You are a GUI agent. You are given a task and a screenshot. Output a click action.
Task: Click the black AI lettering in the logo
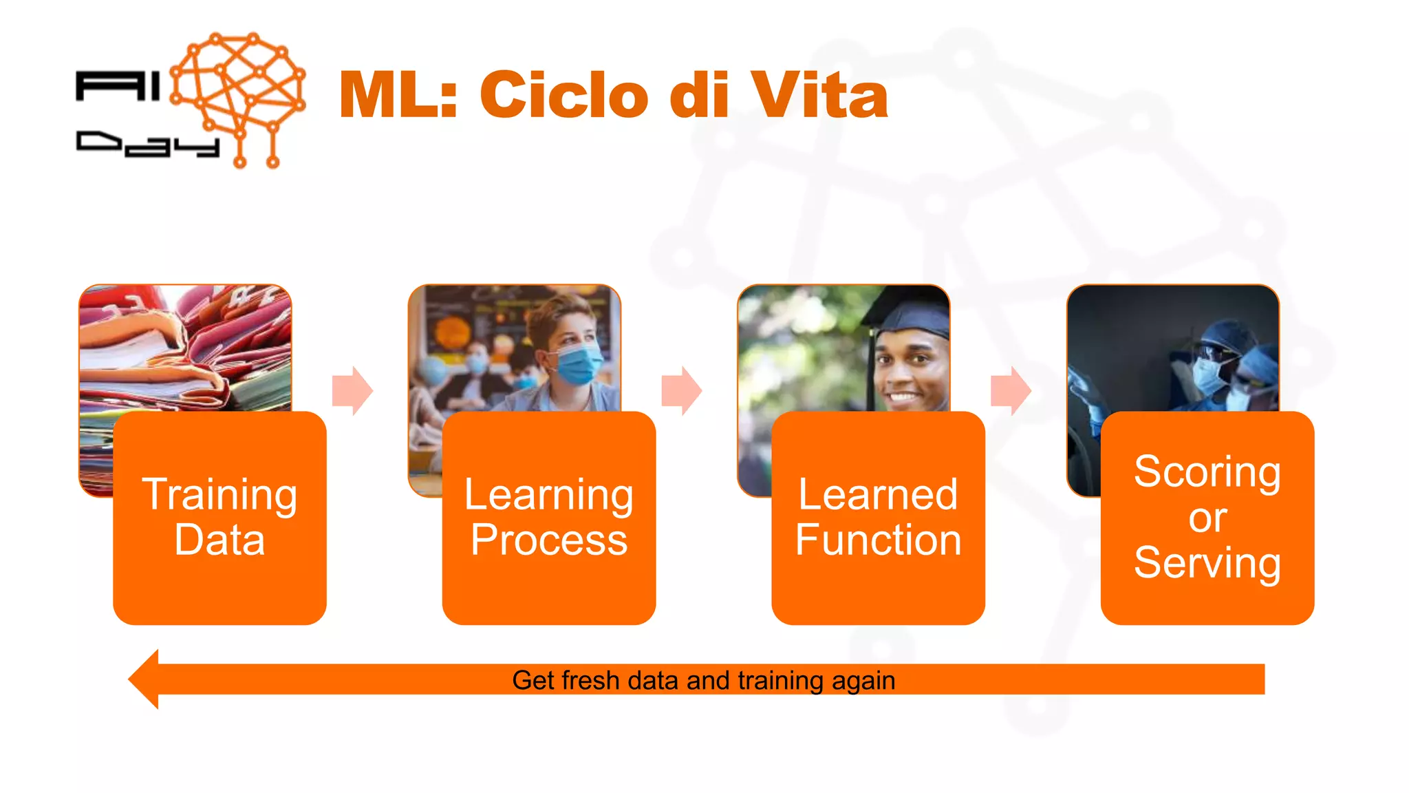(x=117, y=87)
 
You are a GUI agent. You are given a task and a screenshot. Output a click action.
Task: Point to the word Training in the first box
(x=219, y=494)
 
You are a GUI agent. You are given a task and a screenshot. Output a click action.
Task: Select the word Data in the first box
(x=219, y=540)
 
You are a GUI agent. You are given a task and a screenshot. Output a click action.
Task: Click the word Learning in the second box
(x=548, y=494)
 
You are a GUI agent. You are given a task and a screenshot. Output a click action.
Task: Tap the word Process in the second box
(x=548, y=540)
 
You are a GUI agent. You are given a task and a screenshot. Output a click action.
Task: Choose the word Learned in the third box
(x=878, y=494)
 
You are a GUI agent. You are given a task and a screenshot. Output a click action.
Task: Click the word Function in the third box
(x=878, y=540)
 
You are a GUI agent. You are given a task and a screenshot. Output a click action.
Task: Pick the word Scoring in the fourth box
(x=1207, y=472)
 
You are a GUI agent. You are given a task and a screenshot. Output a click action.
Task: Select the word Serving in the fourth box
(x=1207, y=563)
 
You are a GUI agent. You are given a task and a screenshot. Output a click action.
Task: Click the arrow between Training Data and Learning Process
(x=352, y=390)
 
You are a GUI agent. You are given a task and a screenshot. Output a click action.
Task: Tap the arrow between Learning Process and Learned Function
(x=681, y=390)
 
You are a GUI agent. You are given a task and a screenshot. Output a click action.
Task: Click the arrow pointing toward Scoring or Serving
(x=1011, y=390)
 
